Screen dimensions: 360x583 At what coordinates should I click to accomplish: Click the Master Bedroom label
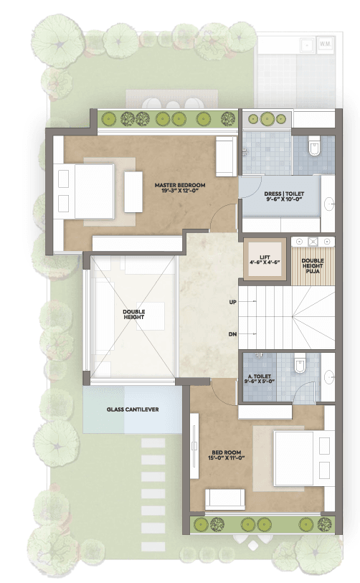pyautogui.click(x=180, y=188)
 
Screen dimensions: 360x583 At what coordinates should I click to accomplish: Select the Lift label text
pyautogui.click(x=265, y=260)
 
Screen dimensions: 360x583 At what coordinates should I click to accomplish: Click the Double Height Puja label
pyautogui.click(x=313, y=266)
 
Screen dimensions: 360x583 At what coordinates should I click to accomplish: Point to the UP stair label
pyautogui.click(x=233, y=303)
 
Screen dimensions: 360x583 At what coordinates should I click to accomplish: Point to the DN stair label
pyautogui.click(x=233, y=334)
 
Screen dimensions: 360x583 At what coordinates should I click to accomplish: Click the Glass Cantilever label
pyautogui.click(x=133, y=409)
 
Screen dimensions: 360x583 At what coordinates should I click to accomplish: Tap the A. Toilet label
pyautogui.click(x=260, y=379)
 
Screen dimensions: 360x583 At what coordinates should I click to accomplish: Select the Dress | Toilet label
pyautogui.click(x=284, y=196)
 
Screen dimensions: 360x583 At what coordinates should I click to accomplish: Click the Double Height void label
pyautogui.click(x=134, y=314)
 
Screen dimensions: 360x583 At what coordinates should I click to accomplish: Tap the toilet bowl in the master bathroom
pyautogui.click(x=314, y=146)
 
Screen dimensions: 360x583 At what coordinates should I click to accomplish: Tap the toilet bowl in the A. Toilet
pyautogui.click(x=299, y=364)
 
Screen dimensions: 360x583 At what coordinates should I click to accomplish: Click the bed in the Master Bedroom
pyautogui.click(x=86, y=191)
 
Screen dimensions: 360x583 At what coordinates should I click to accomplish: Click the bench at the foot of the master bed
pyautogui.click(x=133, y=192)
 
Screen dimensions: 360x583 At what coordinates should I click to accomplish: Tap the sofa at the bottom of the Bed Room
pyautogui.click(x=225, y=499)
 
